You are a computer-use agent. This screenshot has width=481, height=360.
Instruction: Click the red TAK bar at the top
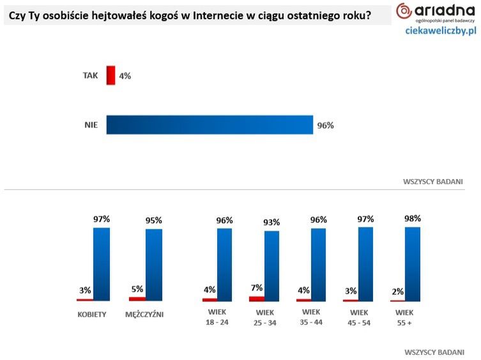[x=111, y=75]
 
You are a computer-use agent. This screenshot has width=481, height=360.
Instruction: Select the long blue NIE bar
[x=210, y=125]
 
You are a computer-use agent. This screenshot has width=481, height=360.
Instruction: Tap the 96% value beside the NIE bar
[x=325, y=125]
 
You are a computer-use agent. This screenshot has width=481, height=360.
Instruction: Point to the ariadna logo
[x=436, y=12]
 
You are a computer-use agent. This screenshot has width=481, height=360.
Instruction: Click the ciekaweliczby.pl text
[x=441, y=31]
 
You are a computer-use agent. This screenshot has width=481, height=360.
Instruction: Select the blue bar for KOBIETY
[x=102, y=263]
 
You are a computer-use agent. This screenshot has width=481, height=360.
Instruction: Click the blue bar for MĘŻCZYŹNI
[x=154, y=264]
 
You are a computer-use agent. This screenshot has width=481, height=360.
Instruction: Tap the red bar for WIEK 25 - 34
[x=257, y=299]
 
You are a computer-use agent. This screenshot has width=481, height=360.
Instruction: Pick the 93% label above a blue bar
[x=271, y=223]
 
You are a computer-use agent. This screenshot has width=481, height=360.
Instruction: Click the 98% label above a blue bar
[x=413, y=218]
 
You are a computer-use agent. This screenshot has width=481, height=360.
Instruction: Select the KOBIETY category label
[x=91, y=314]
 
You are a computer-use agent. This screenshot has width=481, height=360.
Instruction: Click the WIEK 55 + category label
[x=404, y=318]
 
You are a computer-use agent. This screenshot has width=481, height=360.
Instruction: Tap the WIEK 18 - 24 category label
[x=217, y=318]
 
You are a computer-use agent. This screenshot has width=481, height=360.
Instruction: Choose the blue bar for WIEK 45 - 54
[x=365, y=263]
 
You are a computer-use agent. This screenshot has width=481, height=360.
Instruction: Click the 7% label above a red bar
[x=257, y=288]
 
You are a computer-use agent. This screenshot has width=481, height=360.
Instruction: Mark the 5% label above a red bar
[x=137, y=289]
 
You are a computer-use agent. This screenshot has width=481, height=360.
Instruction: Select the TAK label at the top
[x=91, y=75]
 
